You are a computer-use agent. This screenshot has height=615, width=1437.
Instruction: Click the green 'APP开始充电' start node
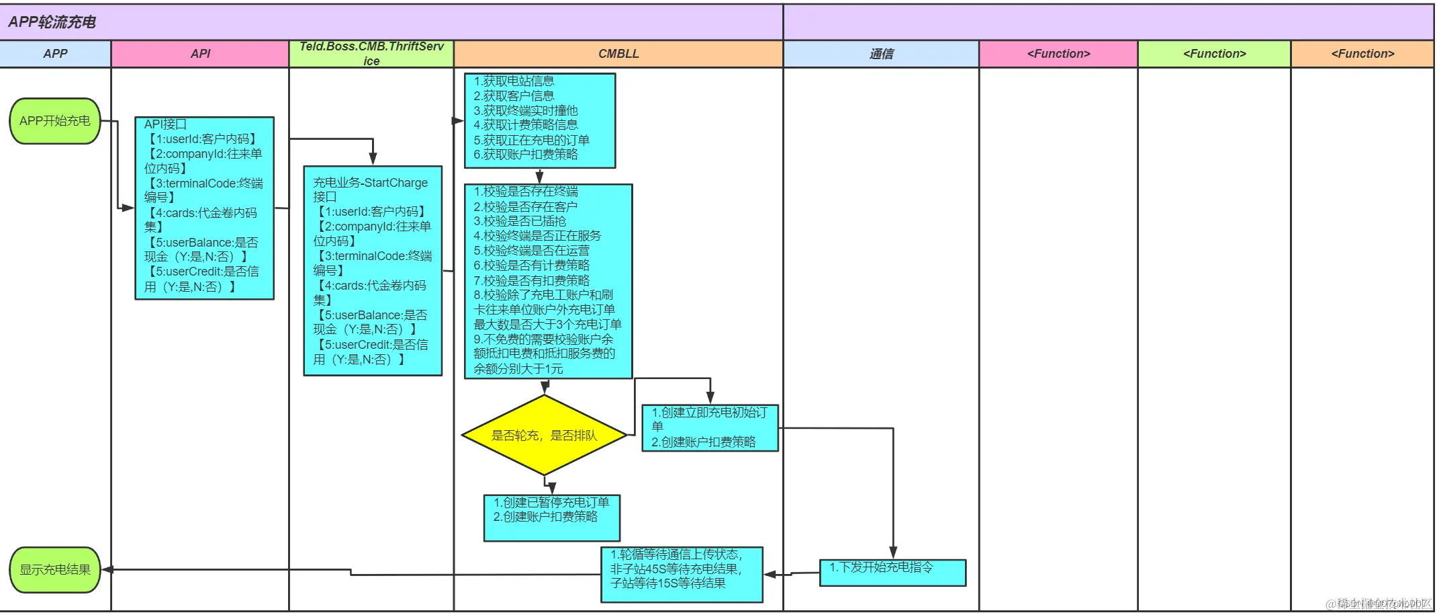click(x=55, y=121)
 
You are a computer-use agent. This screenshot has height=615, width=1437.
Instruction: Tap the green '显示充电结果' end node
click(x=55, y=570)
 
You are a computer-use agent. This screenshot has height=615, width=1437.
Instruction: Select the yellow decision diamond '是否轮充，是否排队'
click(x=544, y=436)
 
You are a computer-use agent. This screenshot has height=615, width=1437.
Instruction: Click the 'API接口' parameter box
click(x=204, y=208)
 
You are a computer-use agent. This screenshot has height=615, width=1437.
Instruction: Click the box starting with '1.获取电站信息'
click(x=540, y=120)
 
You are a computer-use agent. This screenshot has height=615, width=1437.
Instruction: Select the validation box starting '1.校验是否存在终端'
click(x=548, y=281)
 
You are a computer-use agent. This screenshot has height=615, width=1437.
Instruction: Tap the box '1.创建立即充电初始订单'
click(x=710, y=427)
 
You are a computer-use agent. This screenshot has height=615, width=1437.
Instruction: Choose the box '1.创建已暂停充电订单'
click(x=551, y=518)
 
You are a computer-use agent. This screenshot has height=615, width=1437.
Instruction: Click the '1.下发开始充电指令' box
click(x=892, y=573)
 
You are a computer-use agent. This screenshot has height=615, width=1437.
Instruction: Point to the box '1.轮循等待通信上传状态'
click(x=682, y=574)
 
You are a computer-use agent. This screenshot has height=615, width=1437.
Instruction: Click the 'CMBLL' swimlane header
click(x=618, y=54)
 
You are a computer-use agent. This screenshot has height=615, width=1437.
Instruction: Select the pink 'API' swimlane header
click(x=200, y=54)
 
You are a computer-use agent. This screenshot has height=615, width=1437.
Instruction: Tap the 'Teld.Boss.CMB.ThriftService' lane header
click(x=371, y=54)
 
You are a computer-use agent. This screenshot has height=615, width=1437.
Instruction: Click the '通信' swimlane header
click(x=881, y=54)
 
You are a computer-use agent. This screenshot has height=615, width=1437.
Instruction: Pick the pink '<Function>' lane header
click(x=1058, y=54)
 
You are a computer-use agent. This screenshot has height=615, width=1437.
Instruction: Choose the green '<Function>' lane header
click(x=1214, y=54)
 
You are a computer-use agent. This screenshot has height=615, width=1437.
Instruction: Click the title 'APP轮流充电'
click(x=52, y=22)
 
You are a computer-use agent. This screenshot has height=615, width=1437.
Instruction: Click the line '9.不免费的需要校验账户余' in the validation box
click(x=543, y=339)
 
